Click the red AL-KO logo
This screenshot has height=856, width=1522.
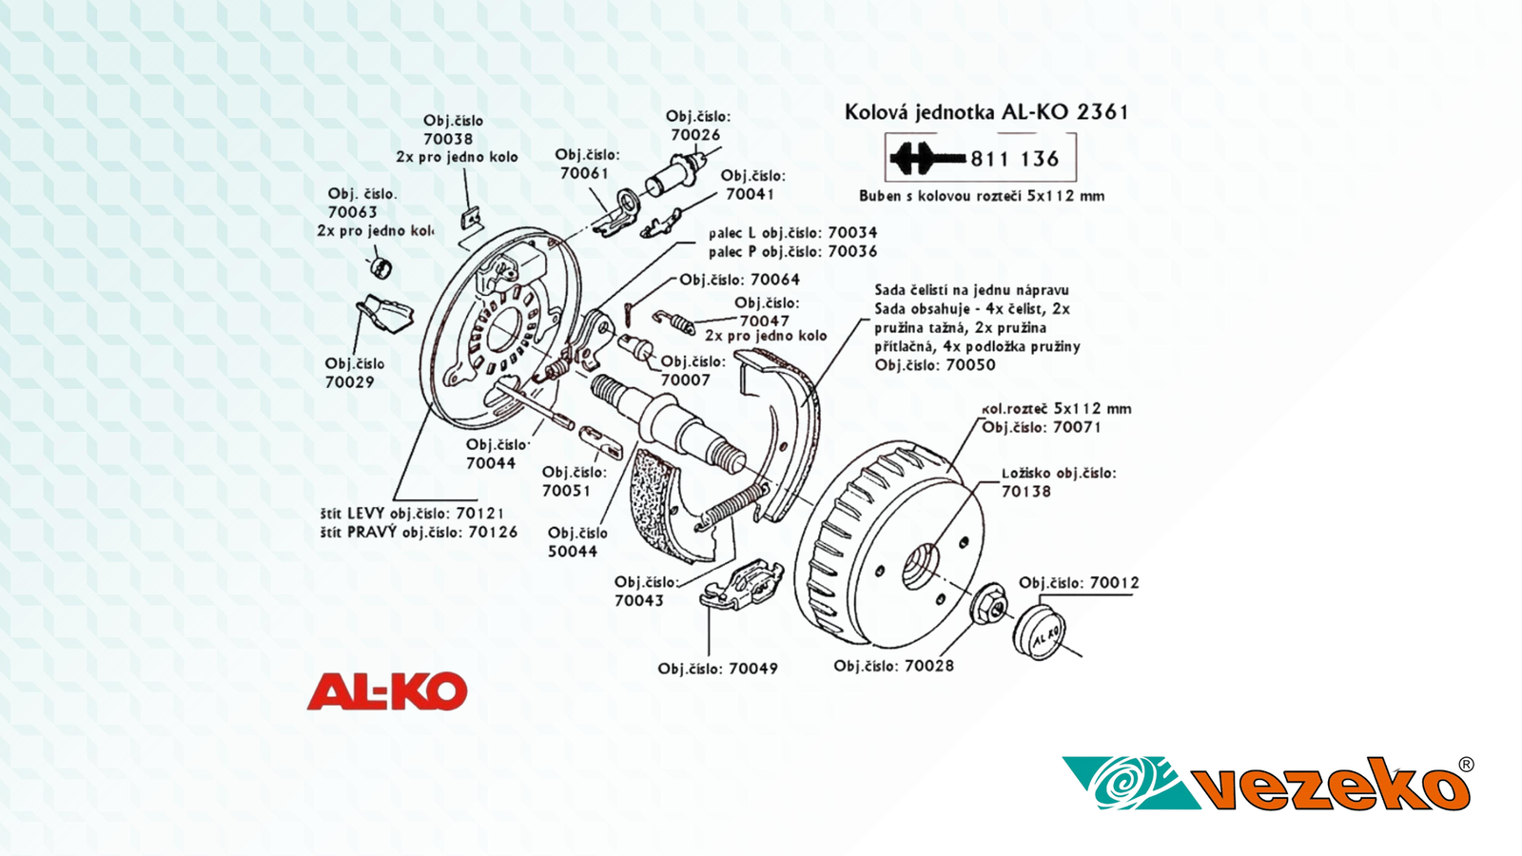(387, 691)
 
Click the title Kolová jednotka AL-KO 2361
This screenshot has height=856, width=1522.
(986, 112)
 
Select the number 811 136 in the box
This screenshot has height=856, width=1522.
(1015, 160)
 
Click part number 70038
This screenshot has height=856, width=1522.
(448, 139)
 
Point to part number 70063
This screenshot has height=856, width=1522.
(352, 212)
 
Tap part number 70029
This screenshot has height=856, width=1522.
(349, 382)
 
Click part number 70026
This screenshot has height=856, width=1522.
(695, 135)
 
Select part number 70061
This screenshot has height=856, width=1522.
(584, 173)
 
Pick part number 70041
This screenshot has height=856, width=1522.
(750, 194)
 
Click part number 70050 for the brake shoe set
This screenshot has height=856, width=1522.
(968, 365)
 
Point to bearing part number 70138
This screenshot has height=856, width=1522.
(1025, 492)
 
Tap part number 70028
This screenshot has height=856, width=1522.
(928, 666)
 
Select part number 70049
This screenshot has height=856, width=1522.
(752, 669)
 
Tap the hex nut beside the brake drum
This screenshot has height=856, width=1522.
(989, 604)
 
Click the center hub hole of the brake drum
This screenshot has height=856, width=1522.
(919, 566)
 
